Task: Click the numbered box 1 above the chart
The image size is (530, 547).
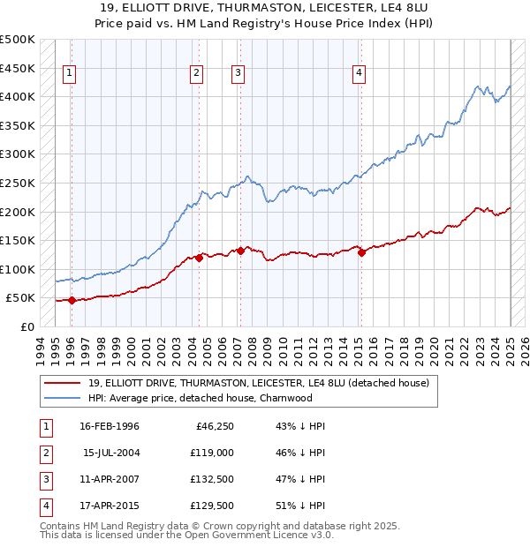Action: [70, 74]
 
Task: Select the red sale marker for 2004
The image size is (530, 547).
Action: [200, 258]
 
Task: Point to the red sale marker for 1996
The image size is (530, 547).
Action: [72, 300]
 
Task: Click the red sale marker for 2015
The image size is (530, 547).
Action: [361, 252]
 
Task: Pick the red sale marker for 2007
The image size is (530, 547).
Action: [240, 251]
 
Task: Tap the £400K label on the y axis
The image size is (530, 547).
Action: [18, 96]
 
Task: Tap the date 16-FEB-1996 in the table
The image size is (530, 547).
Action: [110, 426]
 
